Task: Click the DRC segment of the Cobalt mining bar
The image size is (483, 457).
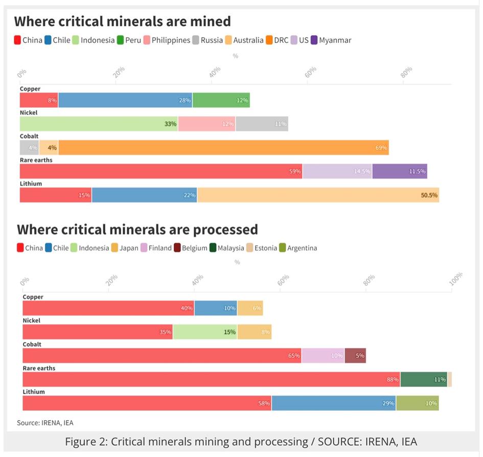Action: (x=223, y=148)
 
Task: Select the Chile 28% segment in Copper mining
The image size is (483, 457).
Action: (x=125, y=100)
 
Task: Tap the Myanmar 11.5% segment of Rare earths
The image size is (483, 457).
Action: (x=400, y=171)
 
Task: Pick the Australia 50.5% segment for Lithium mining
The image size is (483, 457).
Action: (x=318, y=195)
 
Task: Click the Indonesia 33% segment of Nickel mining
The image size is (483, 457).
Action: (x=99, y=124)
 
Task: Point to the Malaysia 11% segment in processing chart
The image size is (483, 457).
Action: (x=424, y=379)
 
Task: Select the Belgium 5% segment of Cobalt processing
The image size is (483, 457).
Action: (x=355, y=355)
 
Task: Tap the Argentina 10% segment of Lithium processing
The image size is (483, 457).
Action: (x=417, y=403)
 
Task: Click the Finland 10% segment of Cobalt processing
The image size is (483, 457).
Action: (x=323, y=355)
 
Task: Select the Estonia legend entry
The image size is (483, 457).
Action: (x=262, y=248)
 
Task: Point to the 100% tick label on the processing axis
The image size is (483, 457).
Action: (x=455, y=278)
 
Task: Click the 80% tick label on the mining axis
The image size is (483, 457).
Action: (x=407, y=73)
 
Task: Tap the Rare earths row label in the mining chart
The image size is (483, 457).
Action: (x=36, y=160)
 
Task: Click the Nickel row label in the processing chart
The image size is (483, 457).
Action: (x=31, y=321)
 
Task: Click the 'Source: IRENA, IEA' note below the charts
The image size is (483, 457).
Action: (x=45, y=422)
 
